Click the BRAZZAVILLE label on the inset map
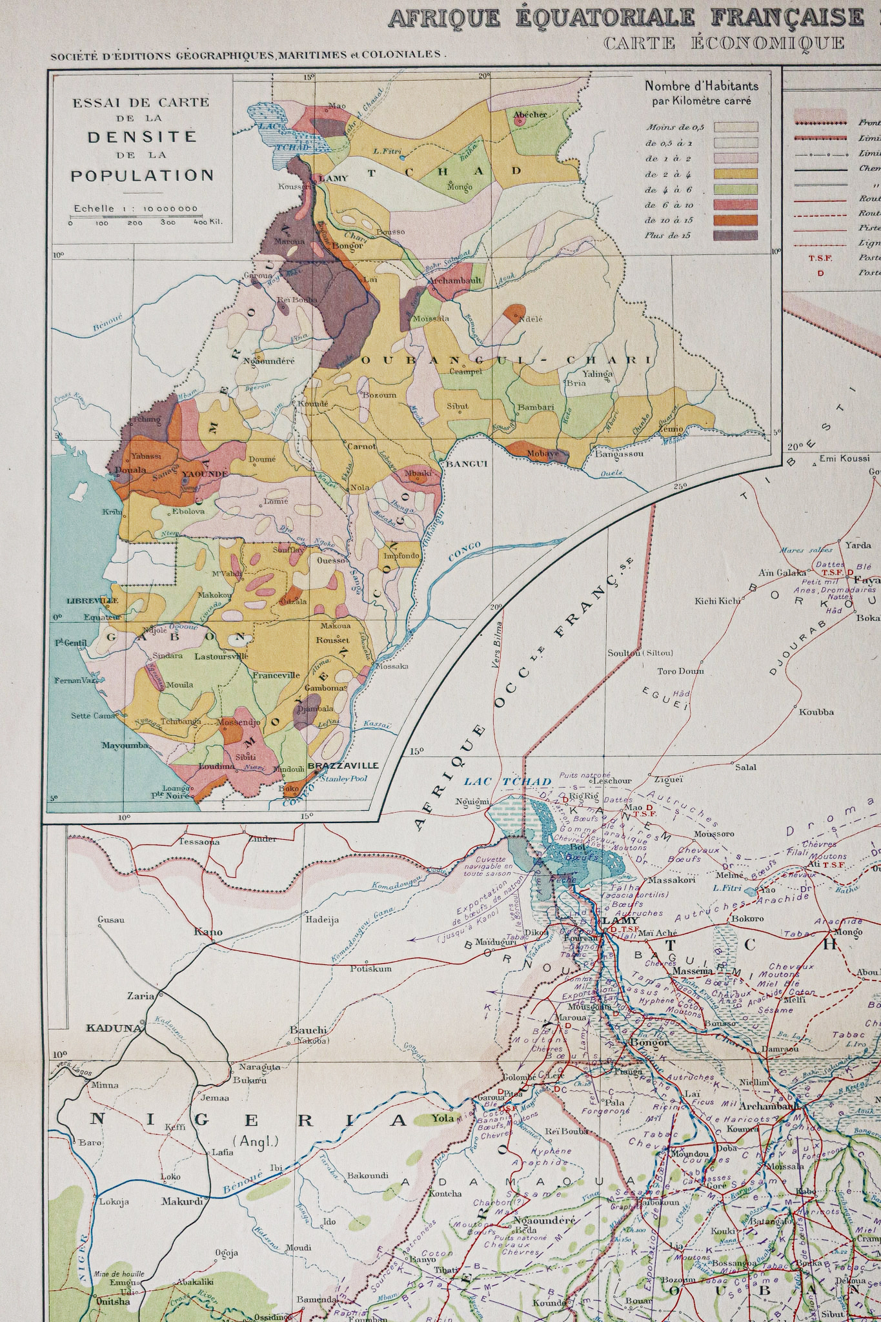[x=343, y=766]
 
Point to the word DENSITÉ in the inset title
[x=142, y=137]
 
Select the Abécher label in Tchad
[x=530, y=114]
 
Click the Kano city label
[x=208, y=931]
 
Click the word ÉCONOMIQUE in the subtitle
[x=767, y=43]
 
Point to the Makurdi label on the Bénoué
[x=182, y=1201]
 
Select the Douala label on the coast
[x=129, y=470]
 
